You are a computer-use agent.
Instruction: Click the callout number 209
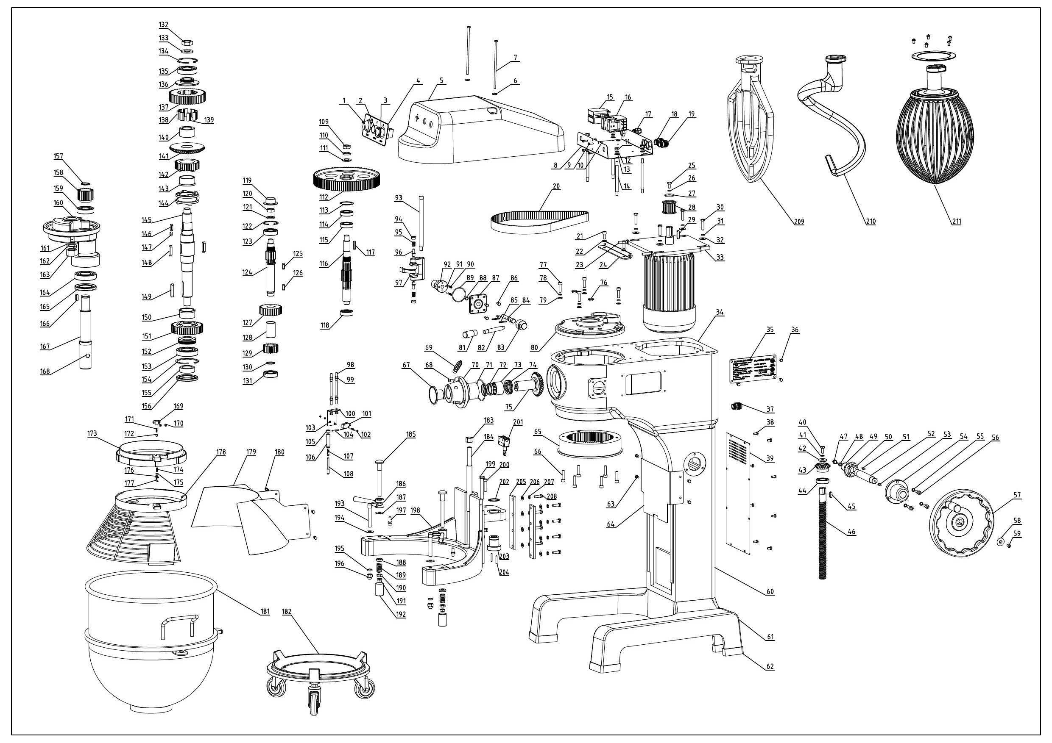798,222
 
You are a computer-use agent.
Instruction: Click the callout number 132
164,25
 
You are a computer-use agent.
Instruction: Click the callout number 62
770,667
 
